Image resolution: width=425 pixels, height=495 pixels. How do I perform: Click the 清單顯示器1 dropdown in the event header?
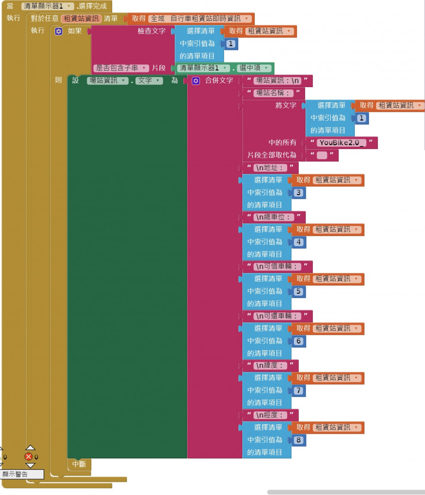coord(47,6)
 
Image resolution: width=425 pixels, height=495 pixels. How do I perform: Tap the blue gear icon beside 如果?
coord(59,32)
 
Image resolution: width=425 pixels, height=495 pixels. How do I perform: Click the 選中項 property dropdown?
coord(255,68)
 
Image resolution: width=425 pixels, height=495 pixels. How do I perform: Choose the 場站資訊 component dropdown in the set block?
coord(107,80)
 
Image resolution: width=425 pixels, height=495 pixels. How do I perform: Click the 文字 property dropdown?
coord(149,80)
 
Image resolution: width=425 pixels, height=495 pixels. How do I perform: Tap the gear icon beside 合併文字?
coord(195,81)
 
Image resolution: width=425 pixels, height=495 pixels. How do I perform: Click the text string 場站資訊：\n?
coord(278,81)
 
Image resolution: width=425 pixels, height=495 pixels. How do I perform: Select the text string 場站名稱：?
coord(274,93)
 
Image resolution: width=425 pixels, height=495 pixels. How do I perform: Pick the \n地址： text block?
coord(270,168)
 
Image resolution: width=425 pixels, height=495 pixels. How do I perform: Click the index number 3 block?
coord(298,193)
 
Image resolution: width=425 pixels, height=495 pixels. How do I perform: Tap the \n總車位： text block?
coord(274,217)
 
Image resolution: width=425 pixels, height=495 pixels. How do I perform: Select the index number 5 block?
coord(298,292)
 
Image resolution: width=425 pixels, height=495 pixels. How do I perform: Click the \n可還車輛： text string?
coord(278,316)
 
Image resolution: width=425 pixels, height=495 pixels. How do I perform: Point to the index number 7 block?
coord(298,391)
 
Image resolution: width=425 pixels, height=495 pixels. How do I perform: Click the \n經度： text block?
coord(270,415)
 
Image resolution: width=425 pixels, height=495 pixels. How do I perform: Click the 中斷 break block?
coord(79,464)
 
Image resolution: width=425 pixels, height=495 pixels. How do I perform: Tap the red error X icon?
coord(29,457)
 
